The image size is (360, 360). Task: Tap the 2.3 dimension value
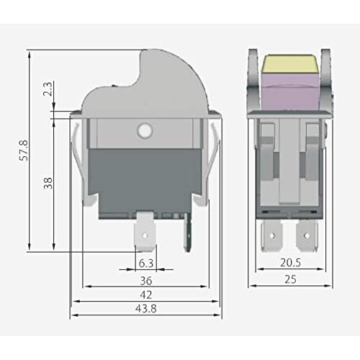[48, 91]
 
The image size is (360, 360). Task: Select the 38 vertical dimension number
[48, 183]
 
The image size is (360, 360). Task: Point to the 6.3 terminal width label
[146, 264]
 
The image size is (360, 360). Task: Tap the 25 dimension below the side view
[290, 279]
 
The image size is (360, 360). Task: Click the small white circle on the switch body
[143, 131]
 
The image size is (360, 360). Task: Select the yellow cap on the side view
[291, 66]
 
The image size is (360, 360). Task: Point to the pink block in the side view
[291, 92]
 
